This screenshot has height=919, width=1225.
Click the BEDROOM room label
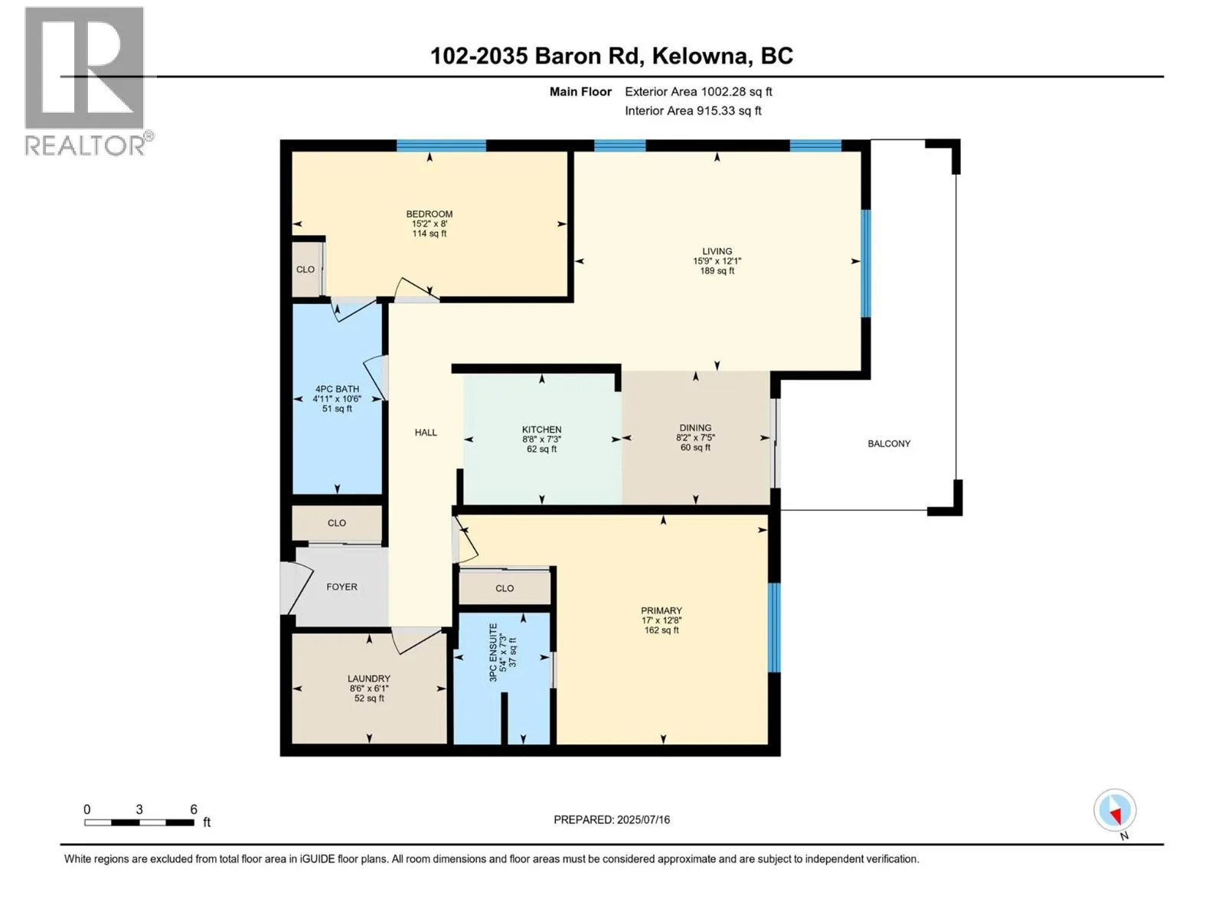(429, 214)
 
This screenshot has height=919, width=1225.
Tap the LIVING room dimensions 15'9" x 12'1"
(717, 261)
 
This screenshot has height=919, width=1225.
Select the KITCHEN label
(542, 430)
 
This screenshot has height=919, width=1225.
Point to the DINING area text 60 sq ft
(695, 448)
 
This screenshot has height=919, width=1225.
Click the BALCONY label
(889, 443)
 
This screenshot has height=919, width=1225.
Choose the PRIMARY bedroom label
(661, 610)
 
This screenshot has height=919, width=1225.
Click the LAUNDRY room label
(369, 679)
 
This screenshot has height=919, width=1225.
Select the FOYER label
(341, 587)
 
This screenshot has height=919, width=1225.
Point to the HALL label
(426, 433)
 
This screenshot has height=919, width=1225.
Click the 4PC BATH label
(337, 389)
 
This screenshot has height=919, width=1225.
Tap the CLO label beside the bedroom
(305, 270)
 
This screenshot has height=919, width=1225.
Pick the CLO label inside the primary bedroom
(505, 588)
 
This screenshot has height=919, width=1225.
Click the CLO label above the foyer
(337, 523)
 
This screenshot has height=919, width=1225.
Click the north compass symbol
(1115, 810)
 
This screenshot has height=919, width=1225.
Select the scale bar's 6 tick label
(194, 809)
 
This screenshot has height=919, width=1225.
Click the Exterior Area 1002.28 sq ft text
(698, 92)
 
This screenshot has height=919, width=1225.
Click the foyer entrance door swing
(295, 587)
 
